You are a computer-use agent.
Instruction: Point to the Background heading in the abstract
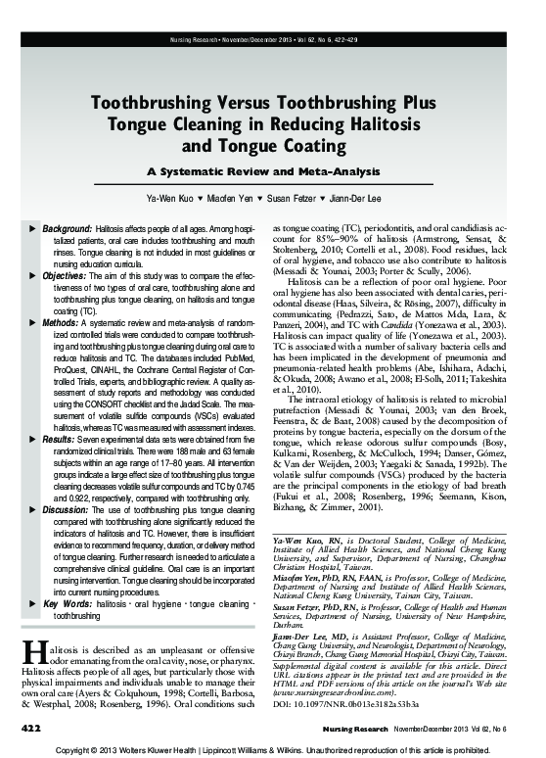[67, 227]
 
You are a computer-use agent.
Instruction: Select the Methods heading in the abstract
[61, 322]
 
